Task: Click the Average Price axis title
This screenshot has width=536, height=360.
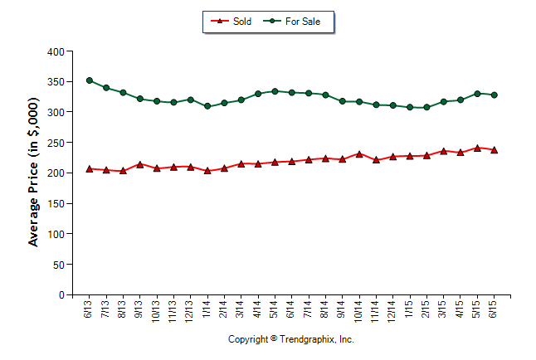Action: click(x=34, y=173)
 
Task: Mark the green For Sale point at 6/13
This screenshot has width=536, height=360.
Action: click(x=90, y=80)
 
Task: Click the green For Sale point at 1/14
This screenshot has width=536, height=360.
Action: click(x=207, y=106)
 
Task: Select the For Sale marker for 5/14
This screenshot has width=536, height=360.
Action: click(x=275, y=91)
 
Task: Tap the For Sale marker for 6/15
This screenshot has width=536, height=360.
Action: click(x=495, y=95)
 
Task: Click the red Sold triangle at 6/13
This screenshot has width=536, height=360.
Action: click(x=90, y=168)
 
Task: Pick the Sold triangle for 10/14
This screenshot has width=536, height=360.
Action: click(x=359, y=153)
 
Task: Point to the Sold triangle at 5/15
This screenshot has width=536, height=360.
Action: click(x=477, y=148)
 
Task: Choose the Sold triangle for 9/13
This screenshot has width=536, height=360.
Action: click(x=140, y=164)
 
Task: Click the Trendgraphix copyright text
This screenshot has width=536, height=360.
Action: click(x=291, y=339)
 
